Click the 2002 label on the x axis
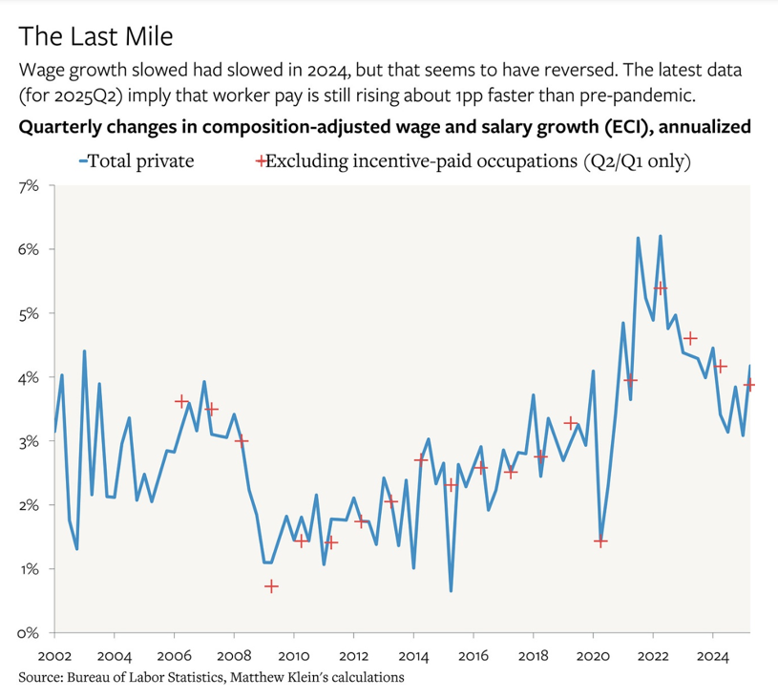click(x=53, y=657)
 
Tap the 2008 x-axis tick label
click(x=234, y=657)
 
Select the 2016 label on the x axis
click(x=473, y=657)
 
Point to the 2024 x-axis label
click(x=713, y=657)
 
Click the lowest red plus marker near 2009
click(x=271, y=586)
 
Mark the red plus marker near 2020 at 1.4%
click(x=600, y=541)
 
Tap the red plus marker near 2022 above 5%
click(x=660, y=287)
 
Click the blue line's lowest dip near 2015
click(x=451, y=591)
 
